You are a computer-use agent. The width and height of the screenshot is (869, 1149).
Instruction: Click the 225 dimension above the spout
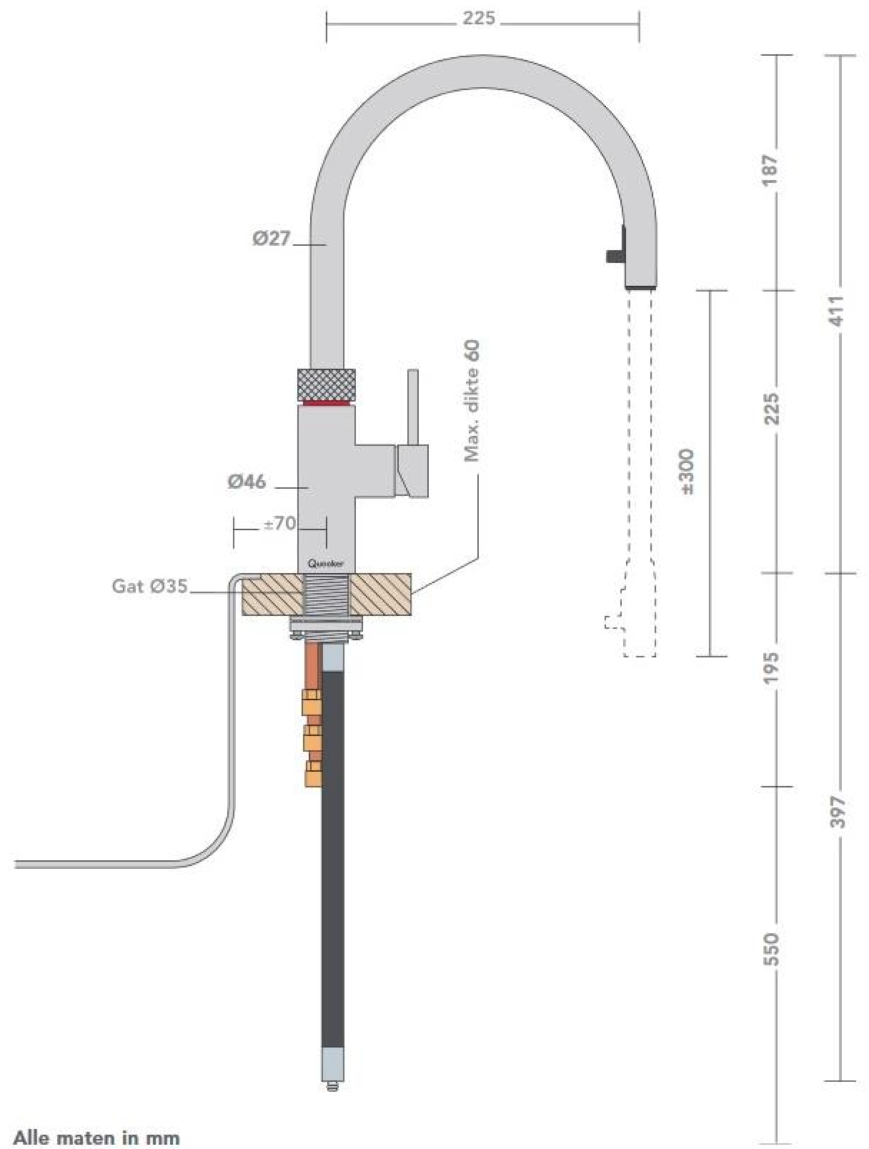pyautogui.click(x=478, y=19)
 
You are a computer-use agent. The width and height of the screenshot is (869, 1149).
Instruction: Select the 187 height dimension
pyautogui.click(x=770, y=170)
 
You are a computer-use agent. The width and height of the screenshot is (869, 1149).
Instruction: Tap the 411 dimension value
pyautogui.click(x=837, y=311)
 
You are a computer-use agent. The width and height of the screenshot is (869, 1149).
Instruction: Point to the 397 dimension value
pyautogui.click(x=837, y=812)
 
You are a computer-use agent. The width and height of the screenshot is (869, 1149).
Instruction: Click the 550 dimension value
pyautogui.click(x=770, y=949)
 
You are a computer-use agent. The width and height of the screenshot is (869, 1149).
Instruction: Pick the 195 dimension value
pyautogui.click(x=770, y=667)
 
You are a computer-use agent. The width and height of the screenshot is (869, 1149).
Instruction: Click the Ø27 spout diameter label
pyautogui.click(x=272, y=238)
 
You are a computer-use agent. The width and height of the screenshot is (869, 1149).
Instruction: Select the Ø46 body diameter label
pyautogui.click(x=247, y=482)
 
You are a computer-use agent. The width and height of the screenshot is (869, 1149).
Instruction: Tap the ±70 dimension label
pyautogui.click(x=279, y=524)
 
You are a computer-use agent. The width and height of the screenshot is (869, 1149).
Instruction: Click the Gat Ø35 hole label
pyautogui.click(x=149, y=586)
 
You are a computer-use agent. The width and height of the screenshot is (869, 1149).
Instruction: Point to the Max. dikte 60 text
pyautogui.click(x=472, y=401)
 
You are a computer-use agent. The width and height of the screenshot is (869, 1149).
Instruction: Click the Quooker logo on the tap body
pyautogui.click(x=326, y=563)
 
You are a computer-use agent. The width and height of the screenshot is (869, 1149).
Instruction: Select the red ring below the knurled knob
pyautogui.click(x=326, y=403)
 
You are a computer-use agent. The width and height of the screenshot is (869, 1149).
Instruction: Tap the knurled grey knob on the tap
pyautogui.click(x=326, y=384)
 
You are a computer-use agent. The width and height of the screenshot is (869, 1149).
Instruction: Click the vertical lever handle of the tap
pyautogui.click(x=412, y=407)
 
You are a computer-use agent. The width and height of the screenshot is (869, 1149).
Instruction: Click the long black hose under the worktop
pyautogui.click(x=332, y=857)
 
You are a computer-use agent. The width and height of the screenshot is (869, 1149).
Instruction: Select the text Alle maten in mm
pyautogui.click(x=96, y=1137)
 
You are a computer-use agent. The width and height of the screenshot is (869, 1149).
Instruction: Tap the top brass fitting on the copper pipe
pyautogui.click(x=312, y=703)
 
